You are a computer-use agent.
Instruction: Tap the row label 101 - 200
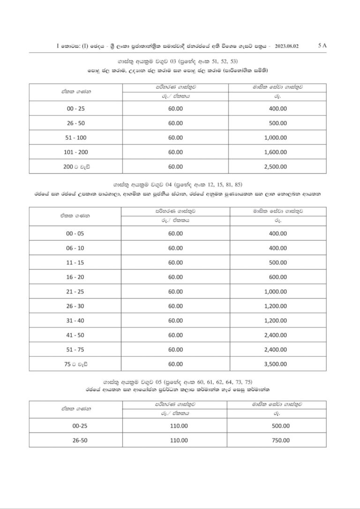tap(75, 152)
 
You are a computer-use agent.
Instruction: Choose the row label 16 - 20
tap(75, 277)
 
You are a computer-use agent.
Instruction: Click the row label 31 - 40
tap(75, 321)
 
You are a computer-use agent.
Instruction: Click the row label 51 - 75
tap(75, 350)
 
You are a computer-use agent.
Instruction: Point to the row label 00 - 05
tap(75, 233)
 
